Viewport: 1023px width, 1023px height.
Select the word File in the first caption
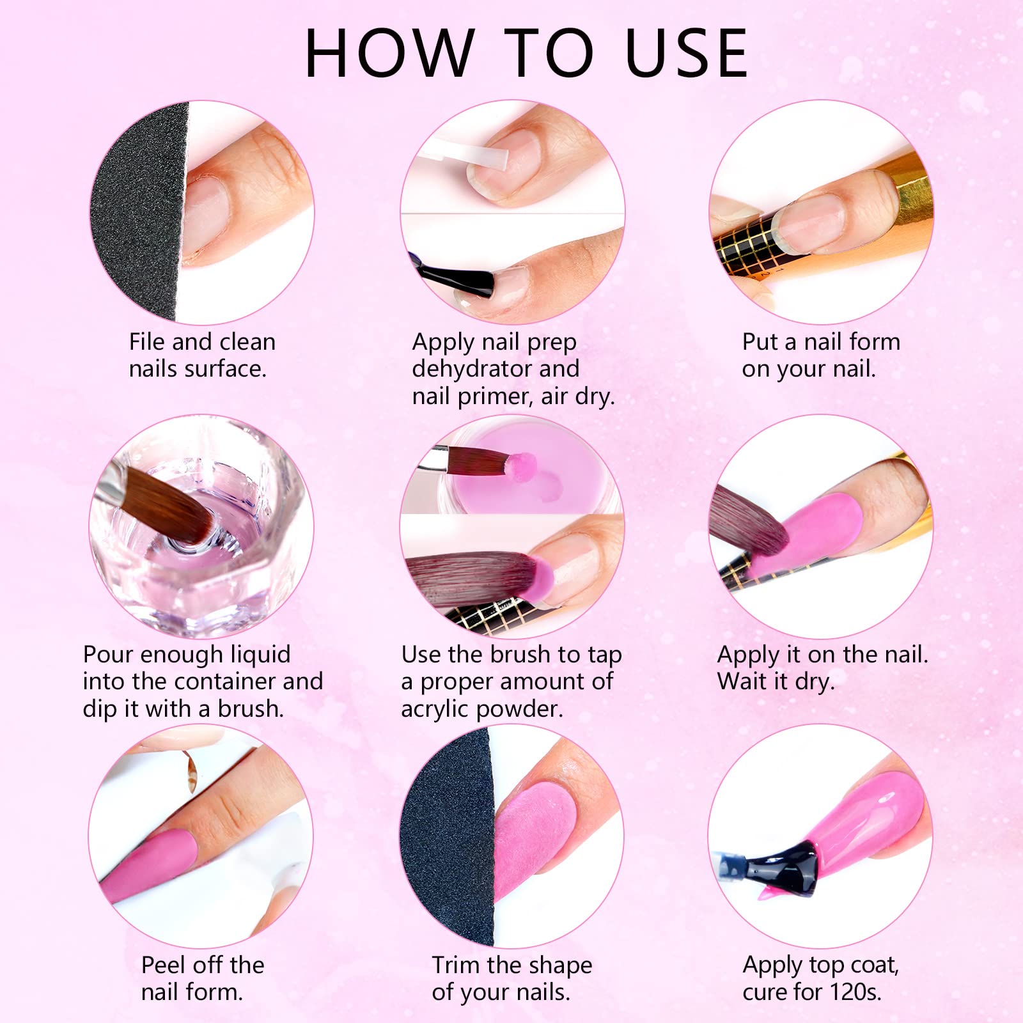coord(147,341)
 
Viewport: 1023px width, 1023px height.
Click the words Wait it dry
coord(776,682)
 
